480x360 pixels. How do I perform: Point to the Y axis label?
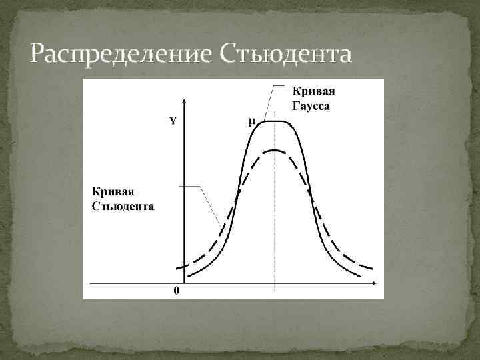click(x=173, y=121)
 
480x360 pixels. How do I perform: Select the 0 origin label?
click(x=176, y=291)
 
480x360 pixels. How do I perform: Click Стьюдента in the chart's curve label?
click(x=123, y=206)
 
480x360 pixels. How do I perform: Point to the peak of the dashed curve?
click(x=275, y=151)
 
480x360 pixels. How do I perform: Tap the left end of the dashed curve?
click(x=177, y=268)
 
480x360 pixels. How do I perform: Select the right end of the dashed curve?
click(x=371, y=268)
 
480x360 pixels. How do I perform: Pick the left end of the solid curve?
click(x=187, y=275)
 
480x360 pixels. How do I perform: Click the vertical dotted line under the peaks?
click(x=275, y=220)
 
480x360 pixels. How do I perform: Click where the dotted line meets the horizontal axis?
click(x=275, y=284)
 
